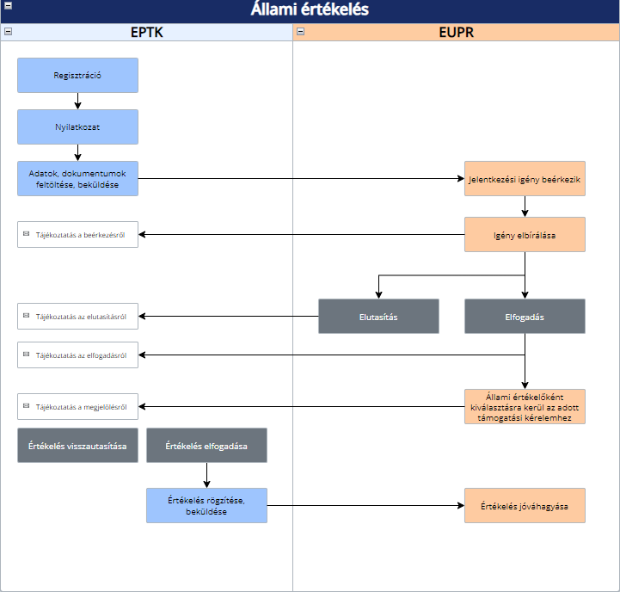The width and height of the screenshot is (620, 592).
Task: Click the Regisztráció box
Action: [x=77, y=75]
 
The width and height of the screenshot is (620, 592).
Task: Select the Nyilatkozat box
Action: [x=77, y=126]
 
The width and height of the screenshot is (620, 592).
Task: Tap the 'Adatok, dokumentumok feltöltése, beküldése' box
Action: [x=77, y=178]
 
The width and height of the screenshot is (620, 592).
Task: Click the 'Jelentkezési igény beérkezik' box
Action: [x=525, y=178]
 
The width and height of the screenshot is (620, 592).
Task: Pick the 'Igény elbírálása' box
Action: [x=525, y=234]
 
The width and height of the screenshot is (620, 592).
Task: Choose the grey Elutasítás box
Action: [x=378, y=316]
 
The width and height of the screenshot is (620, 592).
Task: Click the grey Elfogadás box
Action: [x=525, y=316]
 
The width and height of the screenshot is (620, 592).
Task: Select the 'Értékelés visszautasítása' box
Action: [x=77, y=445]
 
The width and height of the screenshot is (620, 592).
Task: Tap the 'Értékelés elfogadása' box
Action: [x=206, y=445]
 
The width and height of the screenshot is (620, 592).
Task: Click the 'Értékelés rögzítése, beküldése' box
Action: [x=206, y=505]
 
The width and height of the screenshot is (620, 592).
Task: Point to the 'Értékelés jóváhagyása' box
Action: [x=525, y=505]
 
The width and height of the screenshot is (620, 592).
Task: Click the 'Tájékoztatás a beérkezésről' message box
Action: [x=77, y=234]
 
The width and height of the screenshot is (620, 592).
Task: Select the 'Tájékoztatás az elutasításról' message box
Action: [x=77, y=316]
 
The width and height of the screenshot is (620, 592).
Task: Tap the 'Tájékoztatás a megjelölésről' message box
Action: [x=77, y=406]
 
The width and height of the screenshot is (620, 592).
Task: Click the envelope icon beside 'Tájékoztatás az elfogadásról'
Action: [x=26, y=354]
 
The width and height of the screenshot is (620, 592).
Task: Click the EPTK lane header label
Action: [x=147, y=32]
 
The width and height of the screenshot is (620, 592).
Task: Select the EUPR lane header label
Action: [x=456, y=32]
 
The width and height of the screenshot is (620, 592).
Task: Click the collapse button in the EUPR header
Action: [x=300, y=31]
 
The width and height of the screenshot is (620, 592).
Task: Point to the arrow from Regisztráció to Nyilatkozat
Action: [x=77, y=101]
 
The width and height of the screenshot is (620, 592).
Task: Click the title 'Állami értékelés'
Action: [x=310, y=9]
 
